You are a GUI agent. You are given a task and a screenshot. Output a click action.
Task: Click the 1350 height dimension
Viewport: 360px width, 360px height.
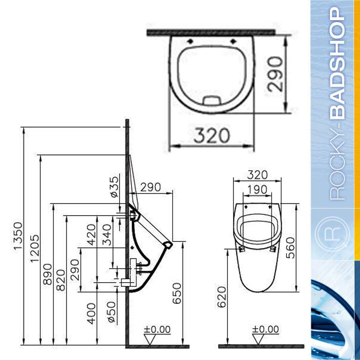pos(18,236)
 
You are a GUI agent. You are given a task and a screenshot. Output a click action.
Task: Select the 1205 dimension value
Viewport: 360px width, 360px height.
pos(35,248)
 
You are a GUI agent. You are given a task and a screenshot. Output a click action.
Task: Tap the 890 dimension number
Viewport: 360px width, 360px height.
pos(48,274)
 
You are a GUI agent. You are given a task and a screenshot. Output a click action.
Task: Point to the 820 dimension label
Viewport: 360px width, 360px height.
pos(61,280)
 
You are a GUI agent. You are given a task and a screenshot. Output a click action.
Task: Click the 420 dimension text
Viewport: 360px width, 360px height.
pos(91,235)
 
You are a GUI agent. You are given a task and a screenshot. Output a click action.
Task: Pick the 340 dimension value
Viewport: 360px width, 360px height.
pos(107,235)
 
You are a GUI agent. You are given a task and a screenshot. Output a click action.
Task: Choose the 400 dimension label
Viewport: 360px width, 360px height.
pos(91,314)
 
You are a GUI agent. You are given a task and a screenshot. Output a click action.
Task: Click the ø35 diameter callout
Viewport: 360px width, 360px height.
pos(115,187)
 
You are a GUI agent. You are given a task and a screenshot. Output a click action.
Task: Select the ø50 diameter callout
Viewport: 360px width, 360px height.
pos(112,312)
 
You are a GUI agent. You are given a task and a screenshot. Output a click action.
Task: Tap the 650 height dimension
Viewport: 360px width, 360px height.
pos(177,293)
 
